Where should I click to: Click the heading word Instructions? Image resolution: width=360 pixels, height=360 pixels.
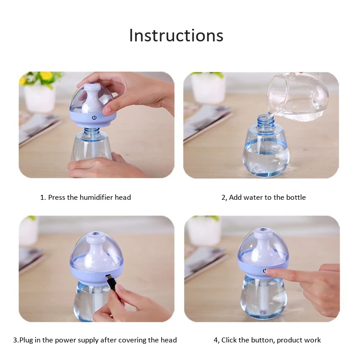tap(176, 36)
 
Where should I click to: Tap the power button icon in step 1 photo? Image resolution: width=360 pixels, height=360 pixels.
tap(94, 118)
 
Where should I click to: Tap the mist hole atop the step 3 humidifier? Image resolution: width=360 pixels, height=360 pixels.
tap(95, 234)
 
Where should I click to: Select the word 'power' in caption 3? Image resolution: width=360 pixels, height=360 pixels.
tap(64, 340)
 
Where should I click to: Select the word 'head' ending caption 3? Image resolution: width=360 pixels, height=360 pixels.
tap(169, 340)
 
